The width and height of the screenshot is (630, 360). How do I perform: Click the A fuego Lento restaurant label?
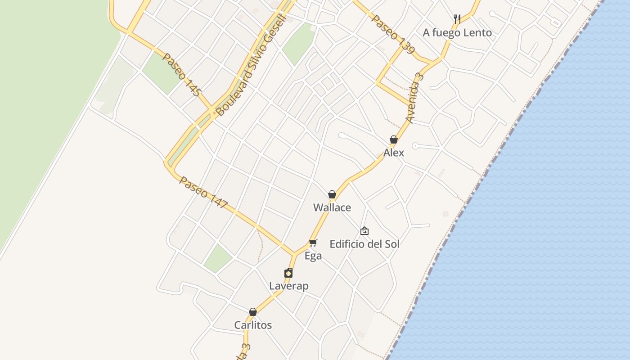pyautogui.click(x=457, y=32)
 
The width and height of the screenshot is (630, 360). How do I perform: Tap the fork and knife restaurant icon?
pyautogui.click(x=457, y=19)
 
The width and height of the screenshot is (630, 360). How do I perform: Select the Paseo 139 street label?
pyautogui.click(x=393, y=34)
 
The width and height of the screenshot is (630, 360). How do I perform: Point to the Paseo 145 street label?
pyautogui.click(x=181, y=75)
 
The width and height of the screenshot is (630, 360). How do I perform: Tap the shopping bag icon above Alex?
pyautogui.click(x=394, y=139)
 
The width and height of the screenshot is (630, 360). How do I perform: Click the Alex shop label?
pyautogui.click(x=394, y=153)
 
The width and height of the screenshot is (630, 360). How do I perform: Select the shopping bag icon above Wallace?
pyautogui.click(x=332, y=194)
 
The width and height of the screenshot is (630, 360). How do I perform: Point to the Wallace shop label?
pyautogui.click(x=332, y=207)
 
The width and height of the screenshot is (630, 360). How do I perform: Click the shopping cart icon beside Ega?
pyautogui.click(x=313, y=243)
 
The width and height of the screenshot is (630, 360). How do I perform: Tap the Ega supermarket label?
pyautogui.click(x=313, y=256)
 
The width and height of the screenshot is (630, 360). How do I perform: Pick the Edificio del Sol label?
pyautogui.click(x=364, y=244)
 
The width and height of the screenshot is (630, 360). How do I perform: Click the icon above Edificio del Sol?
pyautogui.click(x=364, y=231)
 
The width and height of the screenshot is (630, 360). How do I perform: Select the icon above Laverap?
pyautogui.click(x=288, y=273)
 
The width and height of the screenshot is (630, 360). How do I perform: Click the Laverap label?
pyautogui.click(x=288, y=286)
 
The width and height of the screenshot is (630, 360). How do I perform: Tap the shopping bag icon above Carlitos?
pyautogui.click(x=253, y=312)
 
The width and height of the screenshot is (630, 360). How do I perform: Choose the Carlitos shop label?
pyautogui.click(x=253, y=325)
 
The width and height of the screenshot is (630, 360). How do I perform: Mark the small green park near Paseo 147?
pyautogui.click(x=218, y=258)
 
